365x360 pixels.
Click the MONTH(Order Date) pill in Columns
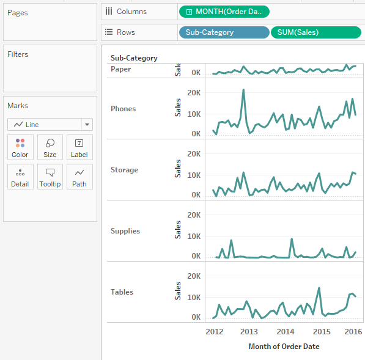click(224, 12)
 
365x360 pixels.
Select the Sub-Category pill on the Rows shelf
click(224, 32)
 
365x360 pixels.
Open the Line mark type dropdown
click(50, 124)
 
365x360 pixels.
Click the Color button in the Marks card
click(20, 147)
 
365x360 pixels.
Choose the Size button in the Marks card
click(50, 147)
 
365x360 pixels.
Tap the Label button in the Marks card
click(79, 147)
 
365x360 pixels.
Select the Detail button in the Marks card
click(20, 177)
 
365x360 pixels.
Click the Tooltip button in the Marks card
click(50, 177)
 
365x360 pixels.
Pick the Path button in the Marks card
click(79, 177)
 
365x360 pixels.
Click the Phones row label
click(124, 109)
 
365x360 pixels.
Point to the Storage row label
click(124, 170)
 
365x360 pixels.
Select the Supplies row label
click(125, 231)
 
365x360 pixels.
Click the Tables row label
click(122, 292)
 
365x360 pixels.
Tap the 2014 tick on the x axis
click(286, 331)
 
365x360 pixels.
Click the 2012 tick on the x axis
click(214, 331)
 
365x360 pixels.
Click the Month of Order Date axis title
click(284, 347)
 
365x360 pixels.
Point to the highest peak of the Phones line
click(243, 90)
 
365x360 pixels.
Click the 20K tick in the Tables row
click(193, 276)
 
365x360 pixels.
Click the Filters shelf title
click(18, 54)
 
